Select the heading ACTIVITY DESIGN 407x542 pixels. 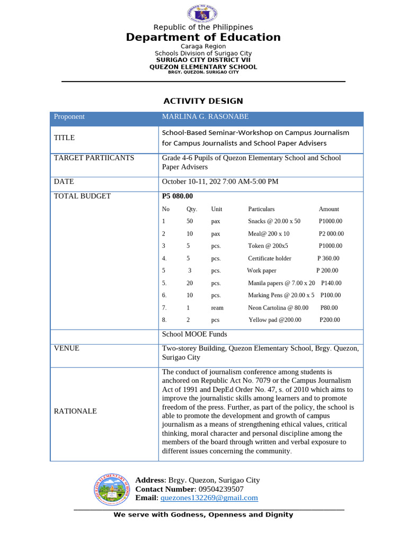tap(203, 101)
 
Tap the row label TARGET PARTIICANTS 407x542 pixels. tap(94, 158)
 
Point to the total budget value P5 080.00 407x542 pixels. tap(177, 196)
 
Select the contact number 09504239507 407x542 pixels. tap(219, 489)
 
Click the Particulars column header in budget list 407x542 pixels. tap(261, 209)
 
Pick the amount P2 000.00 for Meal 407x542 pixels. tap(331, 233)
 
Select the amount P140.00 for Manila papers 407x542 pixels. tap(331, 283)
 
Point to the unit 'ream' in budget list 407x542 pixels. tap(217, 308)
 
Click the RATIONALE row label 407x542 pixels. tap(75, 411)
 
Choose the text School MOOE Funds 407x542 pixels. tap(194, 334)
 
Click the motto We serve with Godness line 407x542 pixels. tap(203, 514)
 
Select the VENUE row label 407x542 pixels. tap(67, 348)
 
